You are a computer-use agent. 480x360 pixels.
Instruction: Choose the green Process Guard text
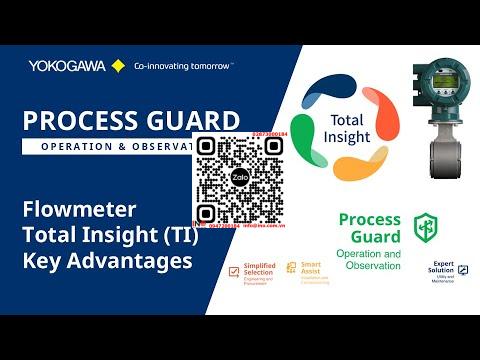(x=369, y=228)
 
